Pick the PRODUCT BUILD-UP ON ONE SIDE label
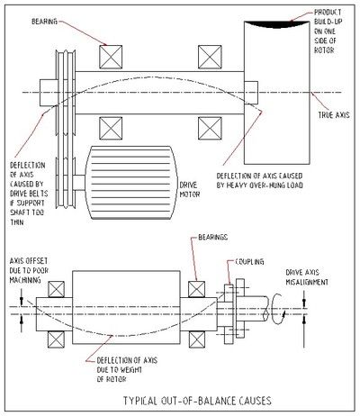click(x=328, y=28)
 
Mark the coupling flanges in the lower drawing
click(x=229, y=302)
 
